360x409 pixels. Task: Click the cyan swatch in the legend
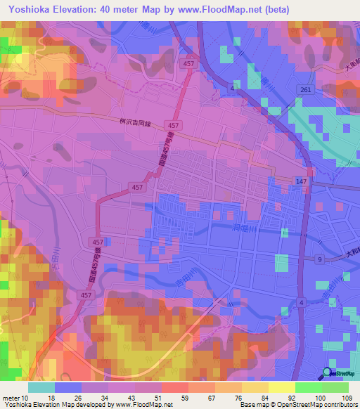click(x=41, y=387)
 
